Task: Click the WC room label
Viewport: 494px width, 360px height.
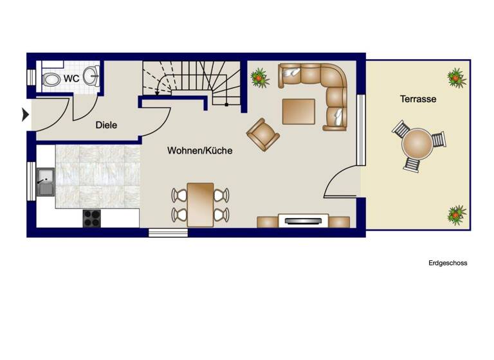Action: (x=71, y=78)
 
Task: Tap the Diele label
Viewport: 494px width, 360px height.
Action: (x=106, y=125)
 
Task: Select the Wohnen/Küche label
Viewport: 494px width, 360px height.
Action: (x=200, y=150)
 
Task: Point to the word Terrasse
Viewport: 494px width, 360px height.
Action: (x=418, y=99)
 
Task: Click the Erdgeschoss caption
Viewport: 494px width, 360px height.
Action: (x=448, y=263)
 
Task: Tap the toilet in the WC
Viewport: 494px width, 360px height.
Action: (x=51, y=80)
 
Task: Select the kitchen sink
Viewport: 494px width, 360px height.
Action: (x=45, y=181)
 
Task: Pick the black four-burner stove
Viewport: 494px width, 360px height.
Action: (x=91, y=219)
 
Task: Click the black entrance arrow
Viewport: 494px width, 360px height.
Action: (x=26, y=114)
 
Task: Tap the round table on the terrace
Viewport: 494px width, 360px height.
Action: (x=417, y=144)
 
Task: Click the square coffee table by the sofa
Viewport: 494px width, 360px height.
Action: (x=298, y=111)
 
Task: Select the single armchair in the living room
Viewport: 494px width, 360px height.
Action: (x=263, y=134)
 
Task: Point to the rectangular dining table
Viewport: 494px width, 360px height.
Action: (x=200, y=204)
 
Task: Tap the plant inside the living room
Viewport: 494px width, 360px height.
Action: (x=259, y=78)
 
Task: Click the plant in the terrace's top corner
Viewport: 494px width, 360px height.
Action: (x=457, y=77)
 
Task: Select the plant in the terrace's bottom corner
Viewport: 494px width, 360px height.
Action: (x=457, y=214)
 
